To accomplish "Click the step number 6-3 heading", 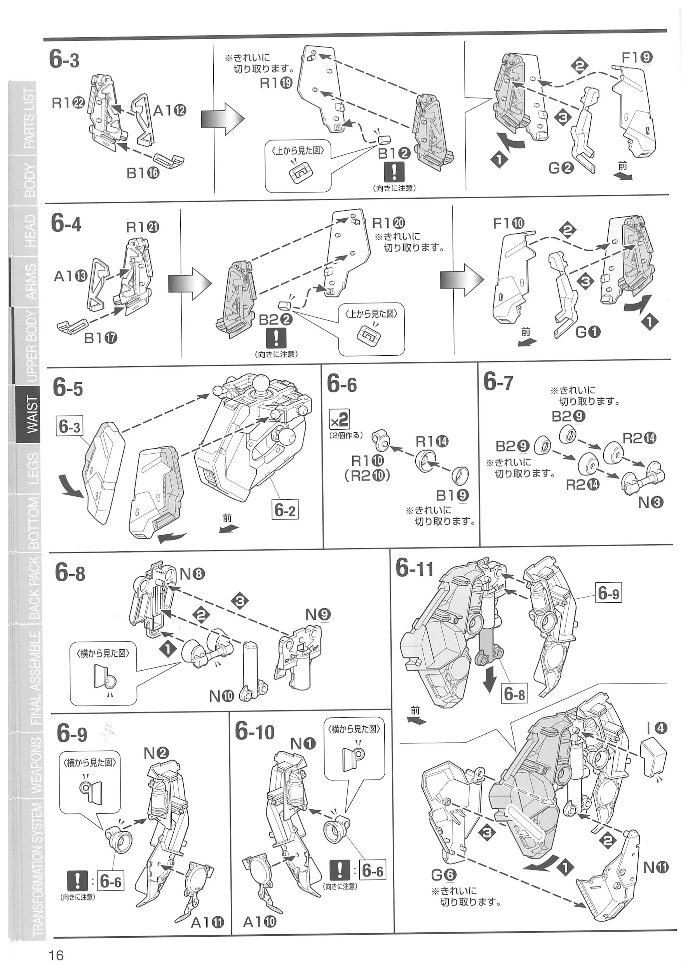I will [x=64, y=59].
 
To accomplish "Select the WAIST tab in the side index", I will [x=31, y=414].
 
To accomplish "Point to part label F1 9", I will [x=636, y=58].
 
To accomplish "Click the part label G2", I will [x=561, y=168].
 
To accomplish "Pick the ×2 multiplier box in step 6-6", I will [x=340, y=419].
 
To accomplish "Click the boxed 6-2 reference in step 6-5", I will [x=285, y=510].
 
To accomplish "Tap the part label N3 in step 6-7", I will [x=650, y=503].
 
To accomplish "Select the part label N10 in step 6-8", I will [x=221, y=696].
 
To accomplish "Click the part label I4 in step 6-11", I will [x=657, y=728].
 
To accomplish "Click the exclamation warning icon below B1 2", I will [x=394, y=172].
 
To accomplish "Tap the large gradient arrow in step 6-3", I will [x=223, y=119].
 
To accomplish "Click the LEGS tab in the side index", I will [x=32, y=468].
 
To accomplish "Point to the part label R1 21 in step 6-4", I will [x=143, y=227].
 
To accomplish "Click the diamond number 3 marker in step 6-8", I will [x=240, y=600].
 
